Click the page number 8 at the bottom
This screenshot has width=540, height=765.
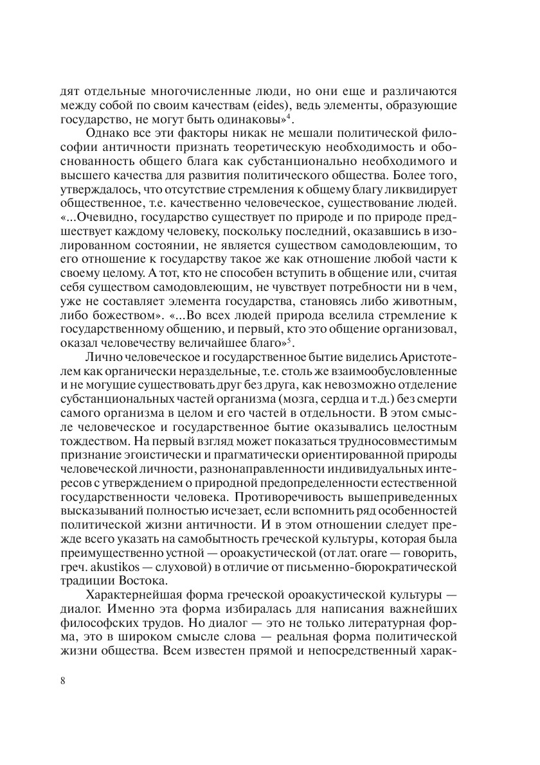click(62, 681)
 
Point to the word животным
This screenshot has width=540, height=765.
click(429, 301)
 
